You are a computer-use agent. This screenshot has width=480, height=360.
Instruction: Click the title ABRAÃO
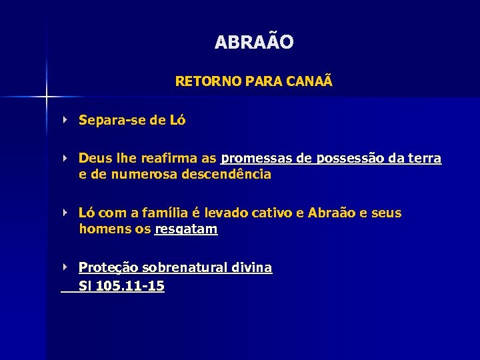(254, 43)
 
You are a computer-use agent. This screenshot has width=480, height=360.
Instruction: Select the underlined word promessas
(257, 159)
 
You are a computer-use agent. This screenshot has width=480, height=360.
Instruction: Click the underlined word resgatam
(186, 230)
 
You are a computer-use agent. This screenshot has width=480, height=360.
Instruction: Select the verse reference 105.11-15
(131, 286)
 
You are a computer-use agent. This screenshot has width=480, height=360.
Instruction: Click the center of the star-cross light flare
(47, 97)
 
